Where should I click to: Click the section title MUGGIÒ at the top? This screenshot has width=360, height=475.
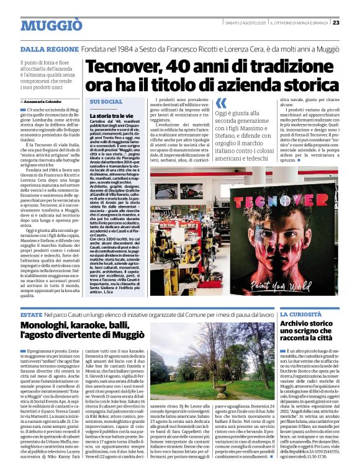(x=51, y=24)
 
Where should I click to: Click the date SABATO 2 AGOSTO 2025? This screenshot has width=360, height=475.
(x=245, y=22)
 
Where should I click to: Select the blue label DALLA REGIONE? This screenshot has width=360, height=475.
(x=49, y=48)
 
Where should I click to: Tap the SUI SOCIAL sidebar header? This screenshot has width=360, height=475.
(x=106, y=101)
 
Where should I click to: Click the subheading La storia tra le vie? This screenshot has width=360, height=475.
(x=112, y=115)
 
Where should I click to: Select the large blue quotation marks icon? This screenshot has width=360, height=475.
(x=221, y=104)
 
